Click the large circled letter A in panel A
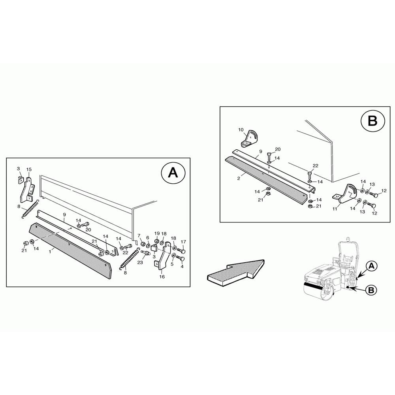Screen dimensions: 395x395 tap(173, 173)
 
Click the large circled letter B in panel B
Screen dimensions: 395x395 tap(373, 120)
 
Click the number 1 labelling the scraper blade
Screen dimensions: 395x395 tap(50, 251)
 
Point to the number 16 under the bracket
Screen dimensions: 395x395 tap(162, 276)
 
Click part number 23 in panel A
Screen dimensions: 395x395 tap(140, 262)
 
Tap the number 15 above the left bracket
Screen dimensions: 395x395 tap(29, 169)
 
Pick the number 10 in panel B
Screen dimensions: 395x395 tap(241, 130)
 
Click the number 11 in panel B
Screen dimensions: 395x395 tap(335, 209)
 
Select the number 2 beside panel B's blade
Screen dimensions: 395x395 tap(239, 179)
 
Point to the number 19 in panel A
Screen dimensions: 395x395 tap(157, 233)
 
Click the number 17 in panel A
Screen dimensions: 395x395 tap(183, 242)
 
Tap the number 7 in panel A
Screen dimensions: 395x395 tap(139, 235)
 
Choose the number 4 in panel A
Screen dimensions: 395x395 tap(182, 267)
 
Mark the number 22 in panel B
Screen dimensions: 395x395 tap(315, 166)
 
